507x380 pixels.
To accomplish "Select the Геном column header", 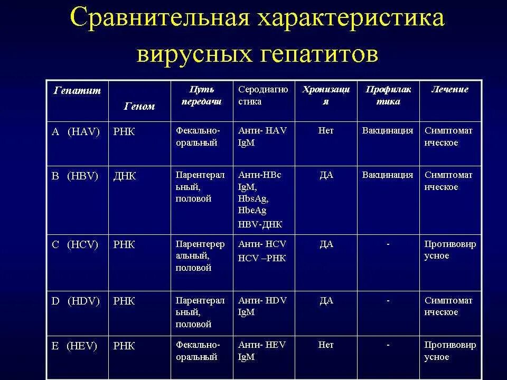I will pyautogui.click(x=139, y=106).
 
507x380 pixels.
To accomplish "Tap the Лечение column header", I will pyautogui.click(x=449, y=89).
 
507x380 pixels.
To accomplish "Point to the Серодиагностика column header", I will pyautogui.click(x=263, y=95).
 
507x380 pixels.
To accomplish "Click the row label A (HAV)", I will pyautogui.click(x=76, y=131).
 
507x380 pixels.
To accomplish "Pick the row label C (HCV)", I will pyautogui.click(x=75, y=245).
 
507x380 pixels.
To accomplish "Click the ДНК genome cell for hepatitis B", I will pyautogui.click(x=125, y=176).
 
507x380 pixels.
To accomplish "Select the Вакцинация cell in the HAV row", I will pyautogui.click(x=388, y=130).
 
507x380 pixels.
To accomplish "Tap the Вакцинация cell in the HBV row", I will pyautogui.click(x=388, y=175).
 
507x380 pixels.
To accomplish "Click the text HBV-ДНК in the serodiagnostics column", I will pyautogui.click(x=260, y=224).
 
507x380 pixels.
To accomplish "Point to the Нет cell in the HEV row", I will pyautogui.click(x=326, y=345).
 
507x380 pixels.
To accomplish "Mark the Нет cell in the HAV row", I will pyautogui.click(x=326, y=130).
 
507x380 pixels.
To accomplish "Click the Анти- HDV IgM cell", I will pyautogui.click(x=262, y=306).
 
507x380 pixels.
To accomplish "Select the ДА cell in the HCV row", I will pyautogui.click(x=326, y=244).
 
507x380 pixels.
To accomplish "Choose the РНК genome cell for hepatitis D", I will pyautogui.click(x=124, y=301).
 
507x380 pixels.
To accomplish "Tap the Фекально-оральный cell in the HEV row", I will pyautogui.click(x=198, y=350).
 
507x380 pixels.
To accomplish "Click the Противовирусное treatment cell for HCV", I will pyautogui.click(x=450, y=250).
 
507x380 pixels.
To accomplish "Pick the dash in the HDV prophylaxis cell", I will pyautogui.click(x=388, y=301).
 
